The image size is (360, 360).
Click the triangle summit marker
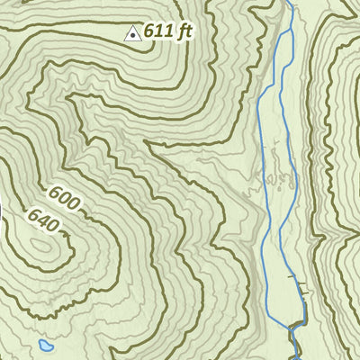132,34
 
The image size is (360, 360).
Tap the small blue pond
46,345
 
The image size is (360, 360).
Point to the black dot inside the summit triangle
132,35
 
